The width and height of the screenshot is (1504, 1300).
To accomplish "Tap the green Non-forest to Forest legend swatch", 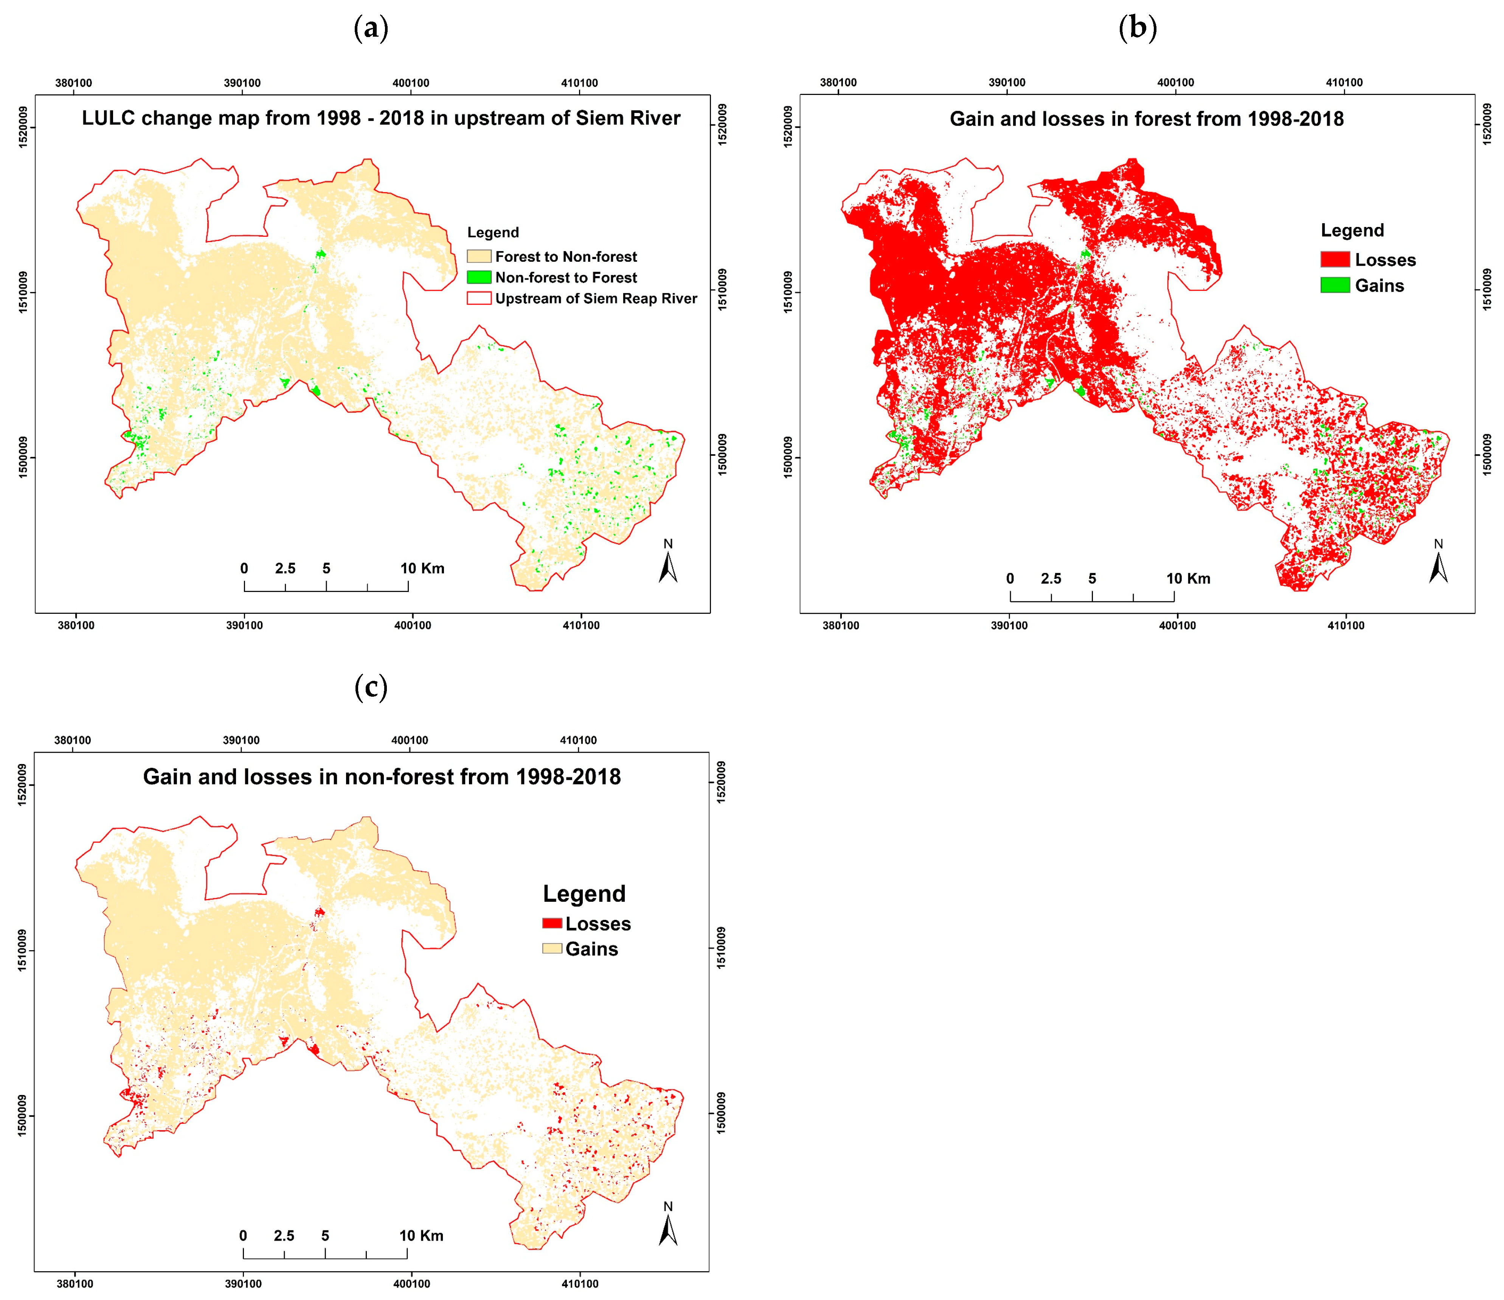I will pyautogui.click(x=479, y=277).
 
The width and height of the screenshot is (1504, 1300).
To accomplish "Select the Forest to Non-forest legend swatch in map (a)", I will pyautogui.click(x=479, y=256).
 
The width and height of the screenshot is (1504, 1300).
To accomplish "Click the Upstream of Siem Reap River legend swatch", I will pyautogui.click(x=479, y=298).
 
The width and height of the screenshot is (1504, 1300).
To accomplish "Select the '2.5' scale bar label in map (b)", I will pyautogui.click(x=1050, y=578).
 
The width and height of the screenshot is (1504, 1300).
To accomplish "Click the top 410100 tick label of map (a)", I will pyautogui.click(x=579, y=83).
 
